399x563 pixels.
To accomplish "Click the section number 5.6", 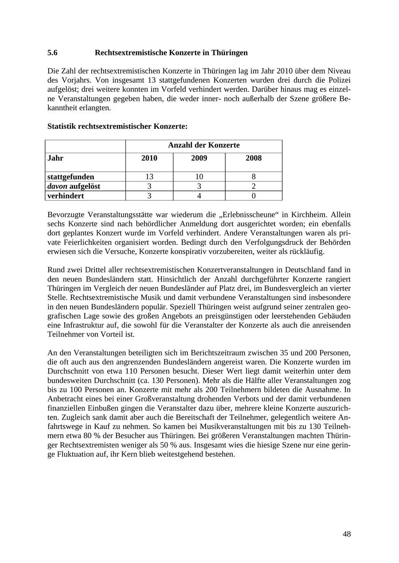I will tap(52, 53).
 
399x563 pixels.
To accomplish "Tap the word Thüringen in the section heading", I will tap(230, 53).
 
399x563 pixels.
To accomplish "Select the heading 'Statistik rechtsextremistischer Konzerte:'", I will tap(117, 126).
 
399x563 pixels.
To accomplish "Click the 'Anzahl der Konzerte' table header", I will tap(203, 145).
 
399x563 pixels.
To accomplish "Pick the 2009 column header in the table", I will tap(199, 158).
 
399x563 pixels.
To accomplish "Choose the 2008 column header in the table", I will tap(254, 158).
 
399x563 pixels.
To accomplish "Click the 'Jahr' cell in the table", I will tap(55, 158).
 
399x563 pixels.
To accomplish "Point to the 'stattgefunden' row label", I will tap(70, 177).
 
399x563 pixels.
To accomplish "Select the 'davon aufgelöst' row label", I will tap(74, 186).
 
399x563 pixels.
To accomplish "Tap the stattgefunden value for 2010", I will tap(149, 177).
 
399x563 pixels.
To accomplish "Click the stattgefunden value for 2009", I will tap(199, 177).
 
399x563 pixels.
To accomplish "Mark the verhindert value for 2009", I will tap(199, 196).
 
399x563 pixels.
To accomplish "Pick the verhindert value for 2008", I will tap(254, 196).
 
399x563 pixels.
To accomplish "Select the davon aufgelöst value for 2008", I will tap(254, 186).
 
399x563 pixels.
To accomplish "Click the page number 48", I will tap(347, 534).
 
